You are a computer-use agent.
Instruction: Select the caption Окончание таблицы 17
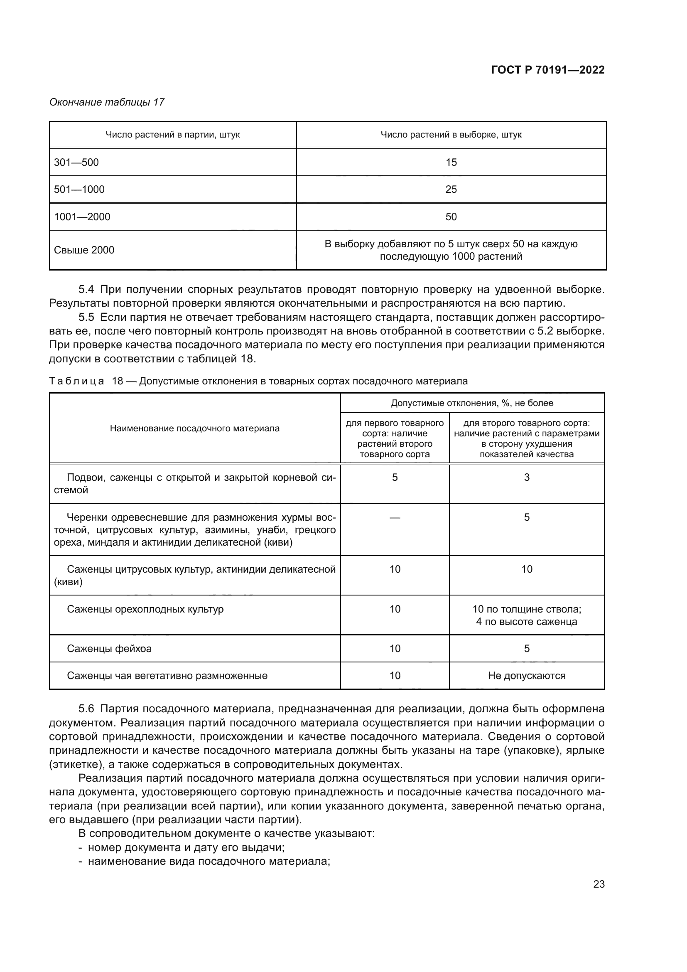tap(107, 102)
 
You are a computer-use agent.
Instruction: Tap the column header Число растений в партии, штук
tap(172, 135)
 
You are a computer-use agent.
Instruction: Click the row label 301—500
tap(76, 162)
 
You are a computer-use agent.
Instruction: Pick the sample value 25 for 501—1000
tap(451, 189)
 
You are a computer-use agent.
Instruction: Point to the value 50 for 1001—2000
tap(451, 217)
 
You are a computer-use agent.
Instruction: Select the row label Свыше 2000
tap(84, 250)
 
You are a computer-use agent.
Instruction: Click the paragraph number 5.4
tap(86, 290)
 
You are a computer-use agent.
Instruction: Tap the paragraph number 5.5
tap(86, 317)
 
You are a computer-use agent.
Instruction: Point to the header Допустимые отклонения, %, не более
tap(472, 403)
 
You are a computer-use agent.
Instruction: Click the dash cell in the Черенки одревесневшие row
tap(394, 517)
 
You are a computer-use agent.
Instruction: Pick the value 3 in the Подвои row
tap(526, 477)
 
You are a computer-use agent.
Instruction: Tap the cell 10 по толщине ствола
tap(526, 609)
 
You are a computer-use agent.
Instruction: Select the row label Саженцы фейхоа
tap(109, 649)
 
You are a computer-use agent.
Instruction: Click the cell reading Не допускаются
tap(526, 676)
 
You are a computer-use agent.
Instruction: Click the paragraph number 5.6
tap(86, 709)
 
